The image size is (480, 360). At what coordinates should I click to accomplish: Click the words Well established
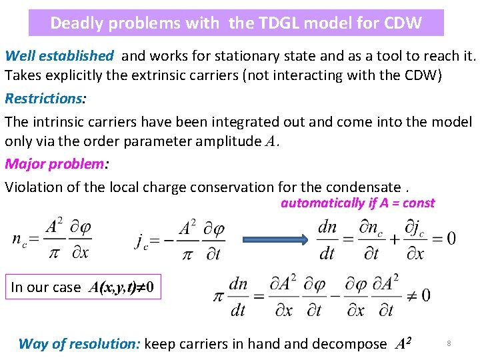(59, 56)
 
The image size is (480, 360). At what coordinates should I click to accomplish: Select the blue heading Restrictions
(44, 99)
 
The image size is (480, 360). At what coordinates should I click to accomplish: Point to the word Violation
(35, 187)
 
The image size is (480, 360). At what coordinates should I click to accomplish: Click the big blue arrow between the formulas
(277, 238)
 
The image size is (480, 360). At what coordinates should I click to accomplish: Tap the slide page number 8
(449, 343)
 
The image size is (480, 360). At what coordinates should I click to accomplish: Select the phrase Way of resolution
(79, 344)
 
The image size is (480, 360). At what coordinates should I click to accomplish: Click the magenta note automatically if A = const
(357, 203)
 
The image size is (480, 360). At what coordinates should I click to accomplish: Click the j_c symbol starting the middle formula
(142, 241)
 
